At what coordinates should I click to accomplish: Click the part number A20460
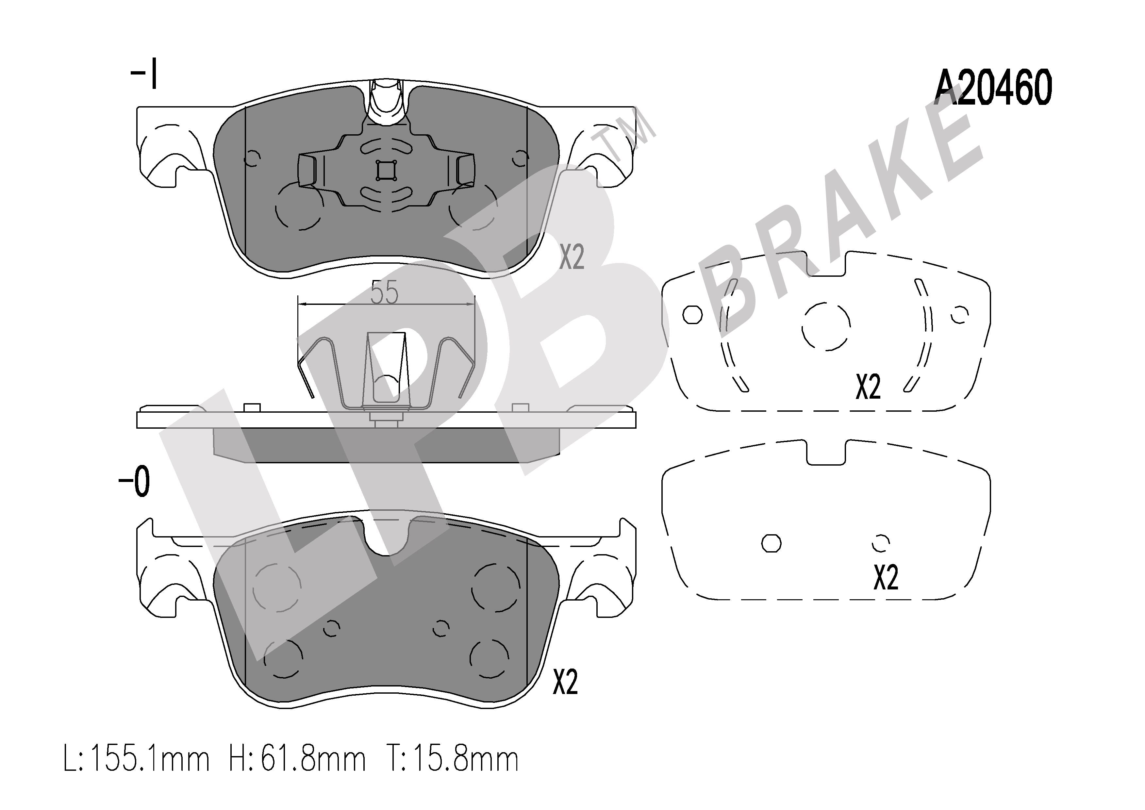click(x=993, y=88)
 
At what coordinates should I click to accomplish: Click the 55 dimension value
click(x=385, y=292)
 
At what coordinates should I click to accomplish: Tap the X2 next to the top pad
click(x=572, y=257)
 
